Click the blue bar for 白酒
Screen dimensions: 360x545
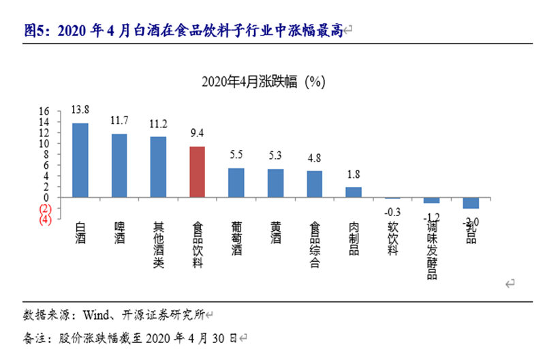point(80,160)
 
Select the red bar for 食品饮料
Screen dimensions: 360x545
point(197,172)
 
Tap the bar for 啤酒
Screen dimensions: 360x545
point(119,166)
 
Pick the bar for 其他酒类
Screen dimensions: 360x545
point(158,167)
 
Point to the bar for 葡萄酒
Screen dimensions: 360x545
point(236,183)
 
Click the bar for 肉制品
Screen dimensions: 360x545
point(353,192)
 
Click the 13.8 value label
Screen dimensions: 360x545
point(80,109)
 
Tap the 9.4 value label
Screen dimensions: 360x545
point(197,133)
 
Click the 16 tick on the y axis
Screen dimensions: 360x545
point(44,111)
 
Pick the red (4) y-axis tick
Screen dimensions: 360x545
point(46,220)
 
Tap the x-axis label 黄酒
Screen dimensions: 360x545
point(275,235)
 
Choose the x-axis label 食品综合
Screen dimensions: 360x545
point(314,244)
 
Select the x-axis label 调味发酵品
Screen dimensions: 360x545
point(431,250)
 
